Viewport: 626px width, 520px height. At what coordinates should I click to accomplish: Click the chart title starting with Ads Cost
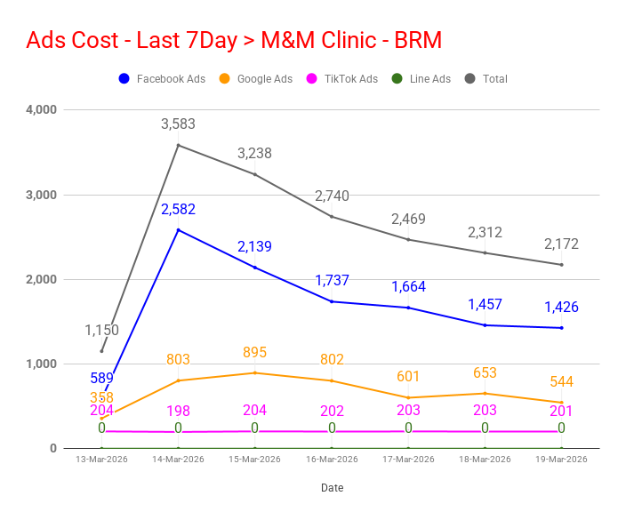tap(234, 41)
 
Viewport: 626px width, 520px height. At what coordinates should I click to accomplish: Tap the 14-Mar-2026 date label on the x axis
tap(178, 460)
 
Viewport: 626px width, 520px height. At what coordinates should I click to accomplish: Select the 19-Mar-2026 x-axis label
tap(561, 460)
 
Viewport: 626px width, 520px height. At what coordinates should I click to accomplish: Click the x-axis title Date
tap(332, 488)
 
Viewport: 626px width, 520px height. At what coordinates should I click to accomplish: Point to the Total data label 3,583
tap(178, 124)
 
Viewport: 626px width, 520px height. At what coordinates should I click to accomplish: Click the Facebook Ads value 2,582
tap(178, 210)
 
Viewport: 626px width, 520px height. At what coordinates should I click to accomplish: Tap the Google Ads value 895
tap(254, 352)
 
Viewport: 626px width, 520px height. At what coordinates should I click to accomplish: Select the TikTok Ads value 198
tap(178, 411)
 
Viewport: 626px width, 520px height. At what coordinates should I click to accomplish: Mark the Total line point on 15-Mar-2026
tap(255, 174)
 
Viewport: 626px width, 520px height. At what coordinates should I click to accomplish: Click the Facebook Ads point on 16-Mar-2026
tap(332, 301)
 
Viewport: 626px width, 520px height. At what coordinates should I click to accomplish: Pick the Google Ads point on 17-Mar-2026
tap(408, 397)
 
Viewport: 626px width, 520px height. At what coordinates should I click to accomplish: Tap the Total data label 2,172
tap(561, 244)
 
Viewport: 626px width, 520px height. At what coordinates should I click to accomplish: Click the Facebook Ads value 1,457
tap(485, 304)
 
